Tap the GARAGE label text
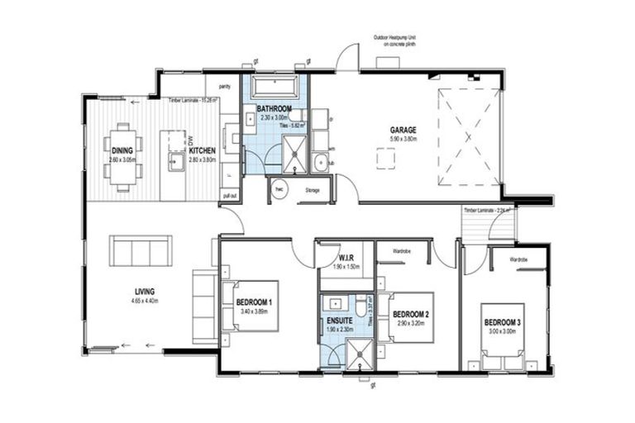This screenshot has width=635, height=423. (403, 130)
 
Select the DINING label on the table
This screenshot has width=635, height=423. (122, 150)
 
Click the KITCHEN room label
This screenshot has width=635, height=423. (202, 150)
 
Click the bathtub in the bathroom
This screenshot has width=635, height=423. (274, 85)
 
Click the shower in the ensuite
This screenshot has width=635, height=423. (360, 355)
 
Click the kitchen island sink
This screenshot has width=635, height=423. (175, 159)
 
